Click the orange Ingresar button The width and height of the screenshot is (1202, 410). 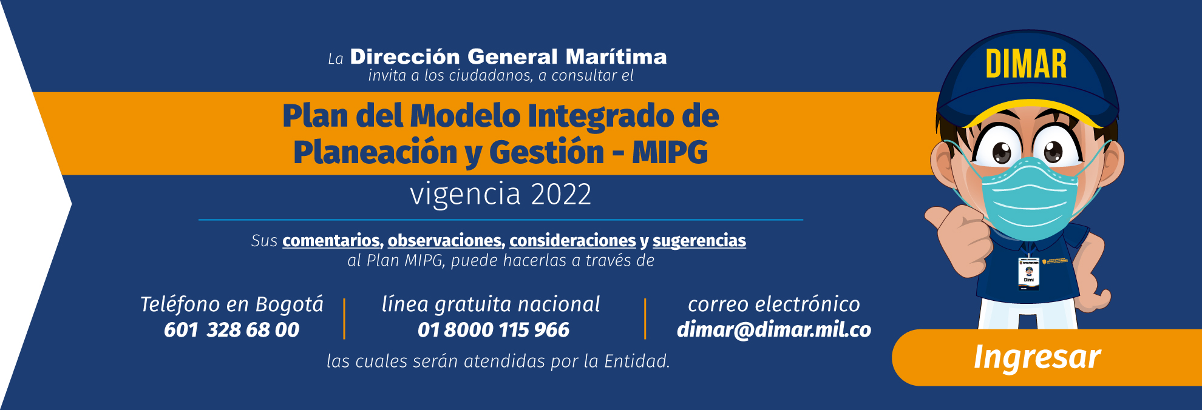(1037, 357)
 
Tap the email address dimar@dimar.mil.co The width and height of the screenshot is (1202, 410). (773, 329)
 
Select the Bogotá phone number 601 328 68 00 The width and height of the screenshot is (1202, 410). (231, 329)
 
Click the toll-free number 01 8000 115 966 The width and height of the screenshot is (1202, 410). (493, 329)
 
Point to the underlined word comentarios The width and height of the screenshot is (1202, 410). (331, 241)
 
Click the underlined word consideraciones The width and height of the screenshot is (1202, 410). (572, 241)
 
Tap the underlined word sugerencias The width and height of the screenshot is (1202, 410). (699, 241)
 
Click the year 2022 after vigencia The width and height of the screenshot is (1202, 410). (560, 194)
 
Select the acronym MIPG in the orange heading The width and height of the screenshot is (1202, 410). (670, 152)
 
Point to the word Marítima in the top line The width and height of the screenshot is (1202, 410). (616, 57)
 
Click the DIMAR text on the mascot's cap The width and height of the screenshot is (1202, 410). (1026, 64)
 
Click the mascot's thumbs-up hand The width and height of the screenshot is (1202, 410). (959, 237)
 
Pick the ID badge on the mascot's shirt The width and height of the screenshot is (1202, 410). (1028, 273)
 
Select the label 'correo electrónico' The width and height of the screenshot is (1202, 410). (773, 304)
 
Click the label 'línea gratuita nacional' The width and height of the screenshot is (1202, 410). (491, 304)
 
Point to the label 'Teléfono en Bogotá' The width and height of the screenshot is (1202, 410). (231, 304)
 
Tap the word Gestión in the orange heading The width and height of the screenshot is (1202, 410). (546, 152)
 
